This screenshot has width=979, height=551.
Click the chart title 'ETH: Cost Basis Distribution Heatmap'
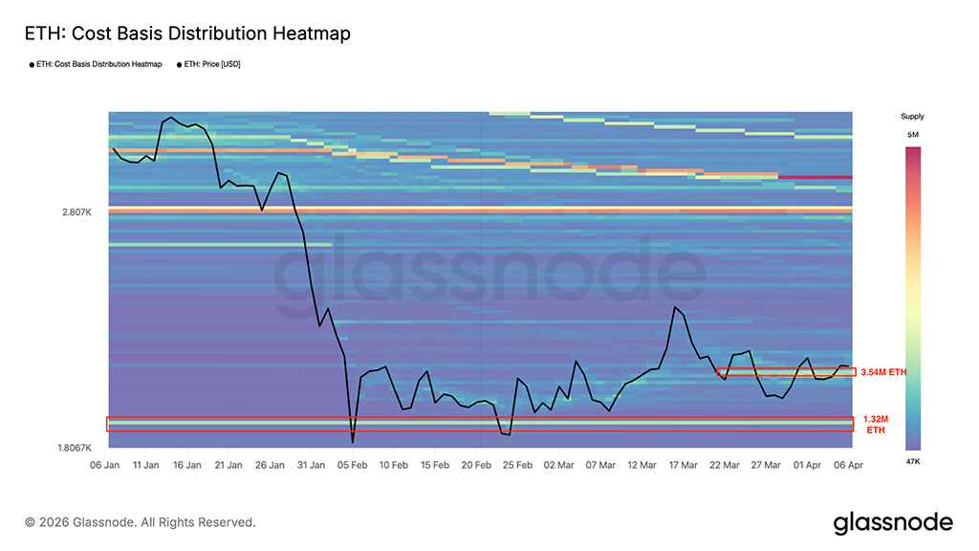coord(187,33)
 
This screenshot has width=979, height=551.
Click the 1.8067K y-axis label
coord(74,448)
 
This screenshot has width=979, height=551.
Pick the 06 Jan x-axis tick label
coord(104,465)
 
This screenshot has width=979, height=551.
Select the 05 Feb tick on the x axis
coord(353,465)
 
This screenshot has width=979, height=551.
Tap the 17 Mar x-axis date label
coord(683,465)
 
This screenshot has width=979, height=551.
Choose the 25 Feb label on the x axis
coord(517,465)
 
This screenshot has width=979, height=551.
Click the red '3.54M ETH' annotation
coord(882,372)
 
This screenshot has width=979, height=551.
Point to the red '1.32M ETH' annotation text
coord(876,425)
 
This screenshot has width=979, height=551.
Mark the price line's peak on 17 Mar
coord(675,307)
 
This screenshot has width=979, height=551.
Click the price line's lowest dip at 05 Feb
coord(353,442)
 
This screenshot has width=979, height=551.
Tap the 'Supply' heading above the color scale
coord(912,116)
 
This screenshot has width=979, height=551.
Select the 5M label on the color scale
coord(912,136)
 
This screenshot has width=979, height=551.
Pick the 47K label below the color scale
coord(912,461)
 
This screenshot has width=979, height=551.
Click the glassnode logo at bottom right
coord(893,522)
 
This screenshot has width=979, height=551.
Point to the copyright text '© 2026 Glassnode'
coord(141,522)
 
